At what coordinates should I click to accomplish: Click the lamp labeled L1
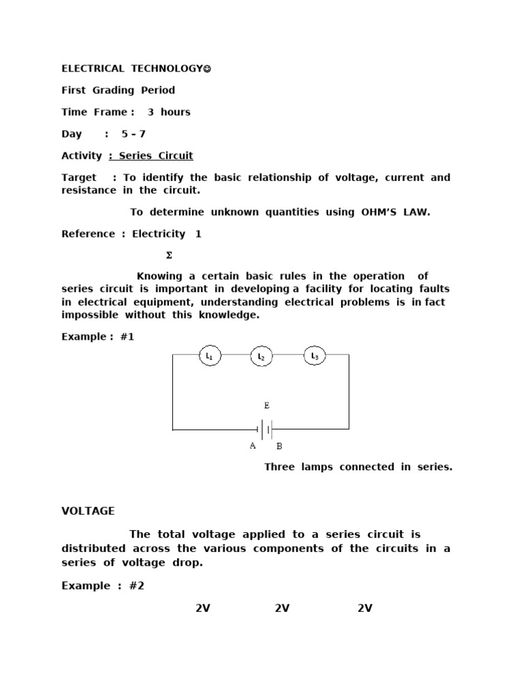pos(210,356)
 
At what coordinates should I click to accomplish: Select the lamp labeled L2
pos(261,356)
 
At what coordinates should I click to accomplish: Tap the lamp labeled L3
pos(314,355)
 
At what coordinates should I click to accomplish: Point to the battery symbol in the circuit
pos(266,429)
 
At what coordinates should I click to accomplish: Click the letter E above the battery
pos(267,406)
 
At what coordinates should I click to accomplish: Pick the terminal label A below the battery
pos(253,446)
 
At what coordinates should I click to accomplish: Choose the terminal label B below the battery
pos(279,447)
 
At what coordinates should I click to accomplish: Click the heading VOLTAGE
pos(88,511)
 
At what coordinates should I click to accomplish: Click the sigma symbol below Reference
pos(169,256)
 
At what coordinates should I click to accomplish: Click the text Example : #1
pos(98,337)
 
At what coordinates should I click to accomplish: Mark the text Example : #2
pos(103,586)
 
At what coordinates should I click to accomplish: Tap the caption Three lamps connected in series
pos(358,467)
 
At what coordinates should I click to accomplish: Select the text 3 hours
pos(169,112)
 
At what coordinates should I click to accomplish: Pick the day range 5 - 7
pos(133,134)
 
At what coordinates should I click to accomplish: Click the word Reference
pos(89,234)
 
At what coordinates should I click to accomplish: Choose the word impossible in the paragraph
pos(90,315)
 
